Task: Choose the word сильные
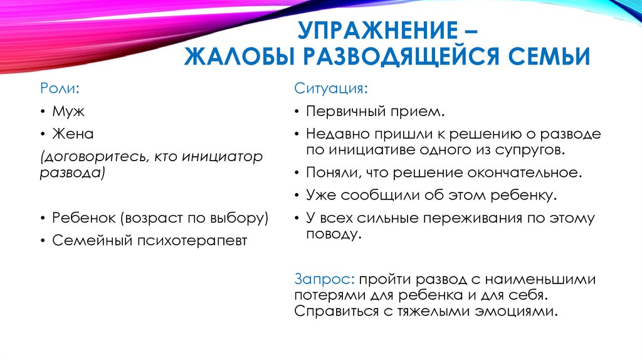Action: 384,218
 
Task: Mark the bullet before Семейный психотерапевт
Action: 42,240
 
